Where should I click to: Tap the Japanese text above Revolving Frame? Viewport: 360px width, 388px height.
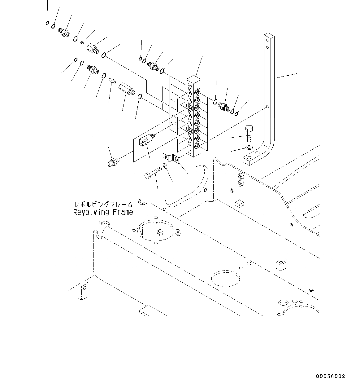pyautogui.click(x=103, y=205)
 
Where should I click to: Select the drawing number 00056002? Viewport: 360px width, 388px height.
pyautogui.click(x=330, y=376)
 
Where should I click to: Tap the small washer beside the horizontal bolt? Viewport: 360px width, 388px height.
pyautogui.click(x=165, y=166)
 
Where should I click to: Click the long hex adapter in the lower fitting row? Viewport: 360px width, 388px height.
pyautogui.click(x=127, y=89)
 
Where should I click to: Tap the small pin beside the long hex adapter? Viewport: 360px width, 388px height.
pyautogui.click(x=112, y=81)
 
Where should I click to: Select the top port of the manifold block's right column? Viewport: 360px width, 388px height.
pyautogui.click(x=197, y=91)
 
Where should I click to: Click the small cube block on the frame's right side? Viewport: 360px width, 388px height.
pyautogui.click(x=280, y=266)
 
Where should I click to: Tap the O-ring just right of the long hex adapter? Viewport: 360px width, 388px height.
pyautogui.click(x=140, y=97)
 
